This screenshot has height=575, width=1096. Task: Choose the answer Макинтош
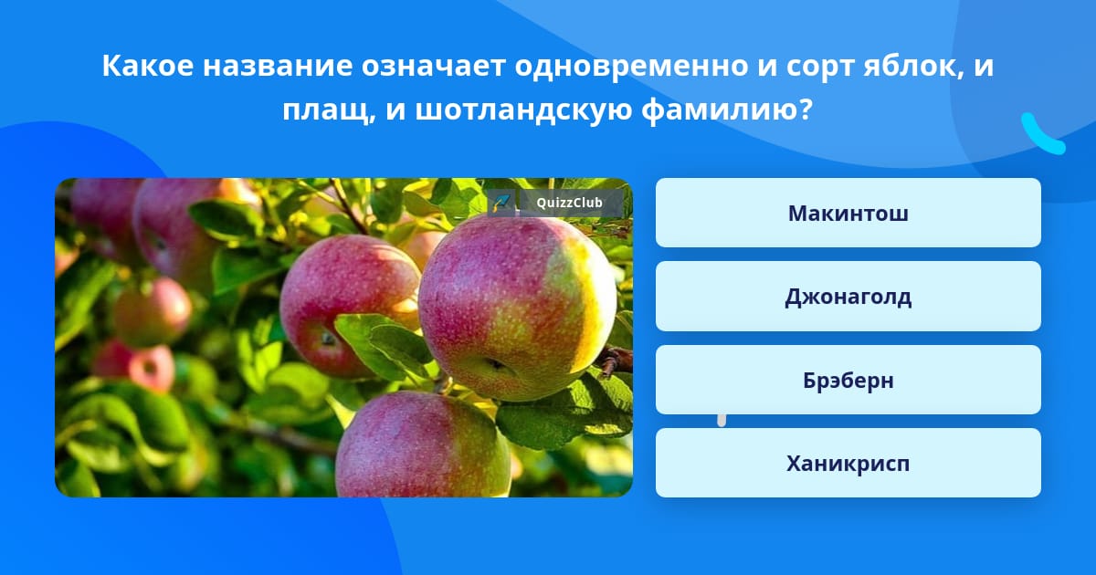848,214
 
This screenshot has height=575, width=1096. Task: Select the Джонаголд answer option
848,297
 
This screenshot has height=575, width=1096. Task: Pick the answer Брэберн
848,380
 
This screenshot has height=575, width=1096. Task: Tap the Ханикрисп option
848,464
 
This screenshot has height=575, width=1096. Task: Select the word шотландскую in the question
521,111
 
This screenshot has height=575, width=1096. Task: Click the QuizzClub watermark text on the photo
569,203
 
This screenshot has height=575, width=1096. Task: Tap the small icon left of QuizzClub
501,203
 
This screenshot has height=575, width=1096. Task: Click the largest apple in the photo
516,306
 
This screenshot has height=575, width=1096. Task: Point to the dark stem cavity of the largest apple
496,365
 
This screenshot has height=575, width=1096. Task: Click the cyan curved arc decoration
1041,135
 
